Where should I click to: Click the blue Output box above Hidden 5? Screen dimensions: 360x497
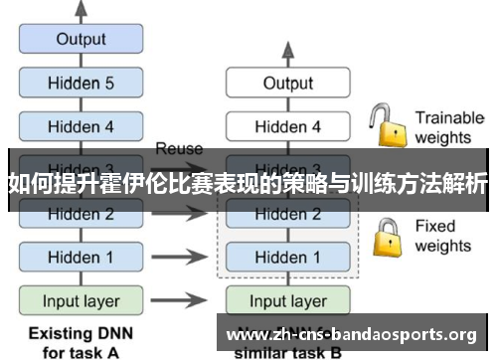tap(81, 40)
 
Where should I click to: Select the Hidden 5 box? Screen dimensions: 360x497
tap(81, 84)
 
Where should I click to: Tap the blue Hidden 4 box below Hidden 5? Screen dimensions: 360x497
tap(81, 126)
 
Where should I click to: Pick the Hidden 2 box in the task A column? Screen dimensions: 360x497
tap(81, 214)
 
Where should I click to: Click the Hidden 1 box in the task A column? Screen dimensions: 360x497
tap(81, 257)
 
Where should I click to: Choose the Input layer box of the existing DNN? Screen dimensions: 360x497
tap(81, 300)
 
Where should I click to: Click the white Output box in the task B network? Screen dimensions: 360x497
tap(287, 84)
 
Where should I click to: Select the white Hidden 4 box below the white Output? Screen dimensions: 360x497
tap(287, 126)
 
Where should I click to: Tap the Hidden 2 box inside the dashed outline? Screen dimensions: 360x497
tap(287, 214)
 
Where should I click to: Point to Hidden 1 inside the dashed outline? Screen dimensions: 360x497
tap(287, 257)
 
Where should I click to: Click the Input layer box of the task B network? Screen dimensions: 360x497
tap(287, 300)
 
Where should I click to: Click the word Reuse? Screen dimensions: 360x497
tap(179, 149)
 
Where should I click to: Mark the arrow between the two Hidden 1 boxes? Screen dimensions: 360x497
tap(185, 257)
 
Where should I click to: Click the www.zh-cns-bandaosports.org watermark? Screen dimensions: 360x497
tap(359, 333)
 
